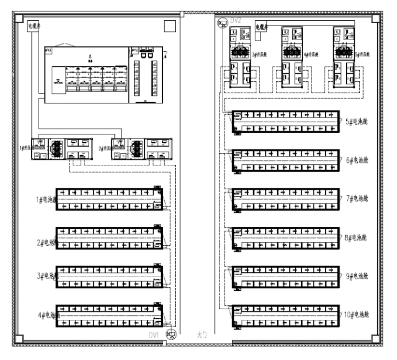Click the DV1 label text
click(x=154, y=335)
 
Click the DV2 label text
click(x=236, y=20)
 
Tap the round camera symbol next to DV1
click(x=171, y=333)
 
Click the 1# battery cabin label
click(x=46, y=199)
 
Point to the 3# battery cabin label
click(x=46, y=277)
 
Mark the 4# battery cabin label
click(x=46, y=315)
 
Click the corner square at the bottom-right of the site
click(x=376, y=338)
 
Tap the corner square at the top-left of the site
click(x=19, y=19)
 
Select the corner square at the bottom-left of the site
click(x=19, y=338)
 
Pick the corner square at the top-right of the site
click(x=376, y=19)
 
